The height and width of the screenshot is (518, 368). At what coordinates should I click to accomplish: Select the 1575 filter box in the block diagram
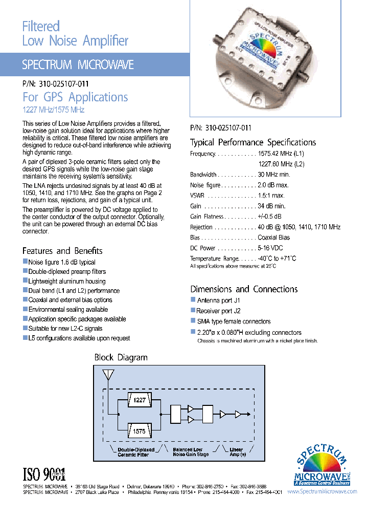(139, 431)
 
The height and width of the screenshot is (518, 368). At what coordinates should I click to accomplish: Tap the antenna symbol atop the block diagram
(108, 376)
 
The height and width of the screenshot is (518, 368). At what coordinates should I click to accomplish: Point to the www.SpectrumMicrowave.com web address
(322, 491)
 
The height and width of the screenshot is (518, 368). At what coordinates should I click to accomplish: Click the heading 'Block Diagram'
(121, 357)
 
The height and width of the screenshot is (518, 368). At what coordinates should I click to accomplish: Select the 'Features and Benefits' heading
(62, 251)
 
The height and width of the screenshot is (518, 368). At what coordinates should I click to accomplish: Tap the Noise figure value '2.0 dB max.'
(273, 185)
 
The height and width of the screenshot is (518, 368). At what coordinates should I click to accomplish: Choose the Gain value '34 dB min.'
(272, 206)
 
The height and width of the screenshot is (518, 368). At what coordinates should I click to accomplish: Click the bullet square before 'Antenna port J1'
(193, 300)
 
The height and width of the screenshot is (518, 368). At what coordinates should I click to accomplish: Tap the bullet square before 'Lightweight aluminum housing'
(25, 281)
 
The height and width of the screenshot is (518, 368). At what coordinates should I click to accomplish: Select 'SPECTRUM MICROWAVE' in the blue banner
(78, 65)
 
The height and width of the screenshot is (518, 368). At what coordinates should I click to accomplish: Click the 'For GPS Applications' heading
(75, 97)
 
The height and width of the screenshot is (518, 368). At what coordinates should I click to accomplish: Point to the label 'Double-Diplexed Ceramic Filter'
(133, 452)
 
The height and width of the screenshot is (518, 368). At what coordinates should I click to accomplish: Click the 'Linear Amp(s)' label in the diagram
(236, 452)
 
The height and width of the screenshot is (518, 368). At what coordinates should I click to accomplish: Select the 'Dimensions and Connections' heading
(244, 289)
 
